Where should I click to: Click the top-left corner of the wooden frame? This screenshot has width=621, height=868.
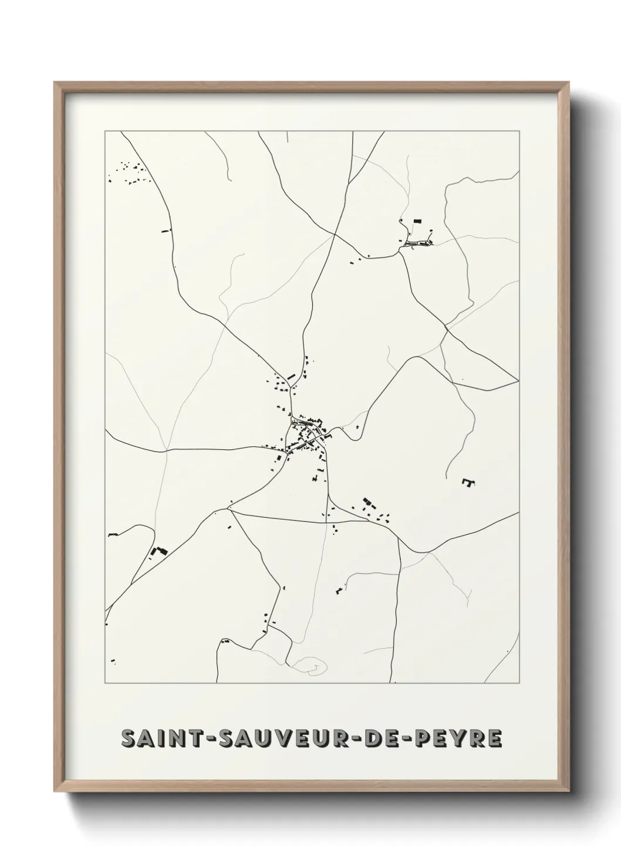coord(55,83)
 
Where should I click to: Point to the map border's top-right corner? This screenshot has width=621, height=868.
coord(519,131)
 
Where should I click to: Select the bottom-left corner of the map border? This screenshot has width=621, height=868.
coord(105,683)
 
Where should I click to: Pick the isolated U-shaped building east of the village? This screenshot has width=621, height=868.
coord(468,482)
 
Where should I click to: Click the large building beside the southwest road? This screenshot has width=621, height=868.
coord(158,551)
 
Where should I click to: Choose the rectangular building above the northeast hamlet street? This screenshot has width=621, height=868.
coord(418,221)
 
